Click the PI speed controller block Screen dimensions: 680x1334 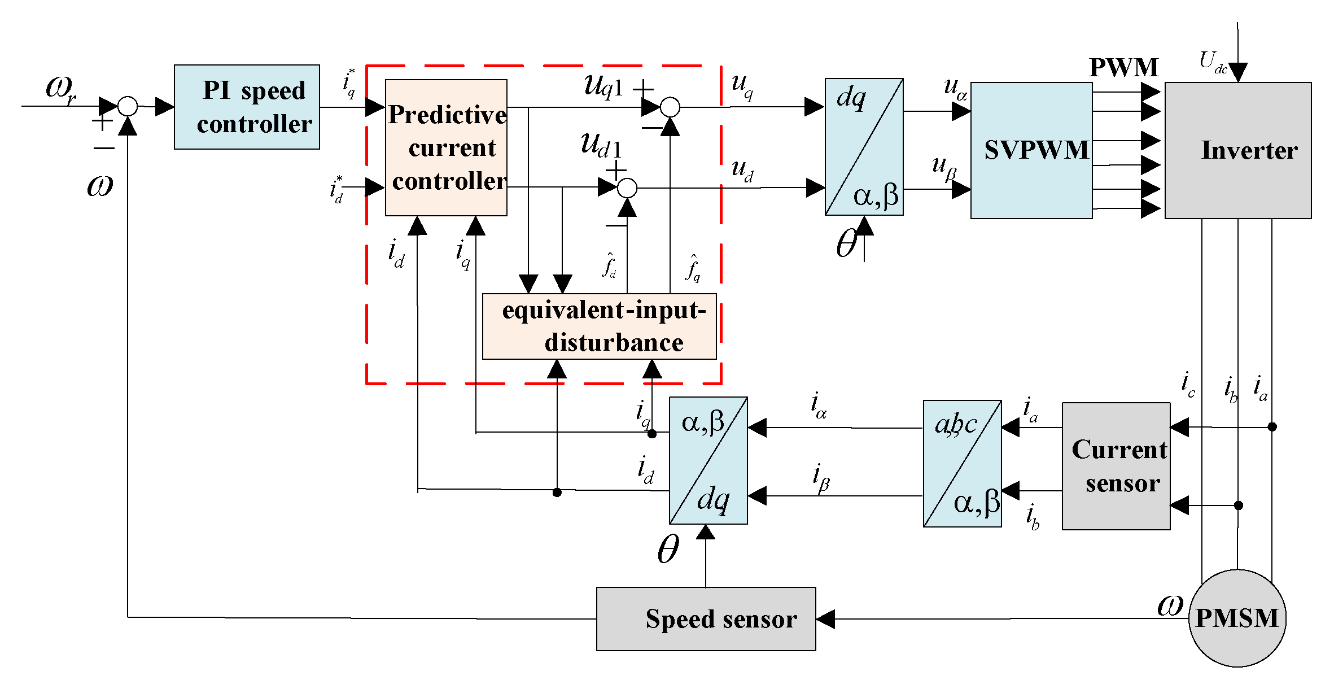[x=247, y=107]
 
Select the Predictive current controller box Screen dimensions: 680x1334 [x=445, y=147]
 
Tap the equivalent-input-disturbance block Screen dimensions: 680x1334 [x=599, y=326]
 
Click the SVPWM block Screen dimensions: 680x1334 [x=1031, y=150]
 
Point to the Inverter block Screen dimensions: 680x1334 [x=1237, y=150]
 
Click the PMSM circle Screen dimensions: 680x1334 [x=1237, y=618]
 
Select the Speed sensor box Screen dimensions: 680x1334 [x=706, y=619]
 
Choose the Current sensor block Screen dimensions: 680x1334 [x=1116, y=466]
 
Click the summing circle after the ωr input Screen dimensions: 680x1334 [x=128, y=106]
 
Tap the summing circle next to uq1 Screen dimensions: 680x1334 [x=670, y=107]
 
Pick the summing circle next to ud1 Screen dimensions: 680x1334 [x=627, y=188]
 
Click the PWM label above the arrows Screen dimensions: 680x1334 [x=1123, y=68]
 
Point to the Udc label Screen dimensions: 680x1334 [x=1212, y=62]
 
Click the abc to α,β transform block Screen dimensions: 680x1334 [x=962, y=464]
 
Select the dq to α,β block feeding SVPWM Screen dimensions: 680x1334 [x=864, y=147]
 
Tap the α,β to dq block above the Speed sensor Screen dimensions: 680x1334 [x=708, y=460]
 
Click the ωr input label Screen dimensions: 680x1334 [x=61, y=89]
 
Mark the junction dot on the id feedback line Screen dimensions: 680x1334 [x=557, y=492]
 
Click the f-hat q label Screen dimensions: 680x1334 [x=693, y=268]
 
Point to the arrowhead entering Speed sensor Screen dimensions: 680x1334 [x=825, y=619]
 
